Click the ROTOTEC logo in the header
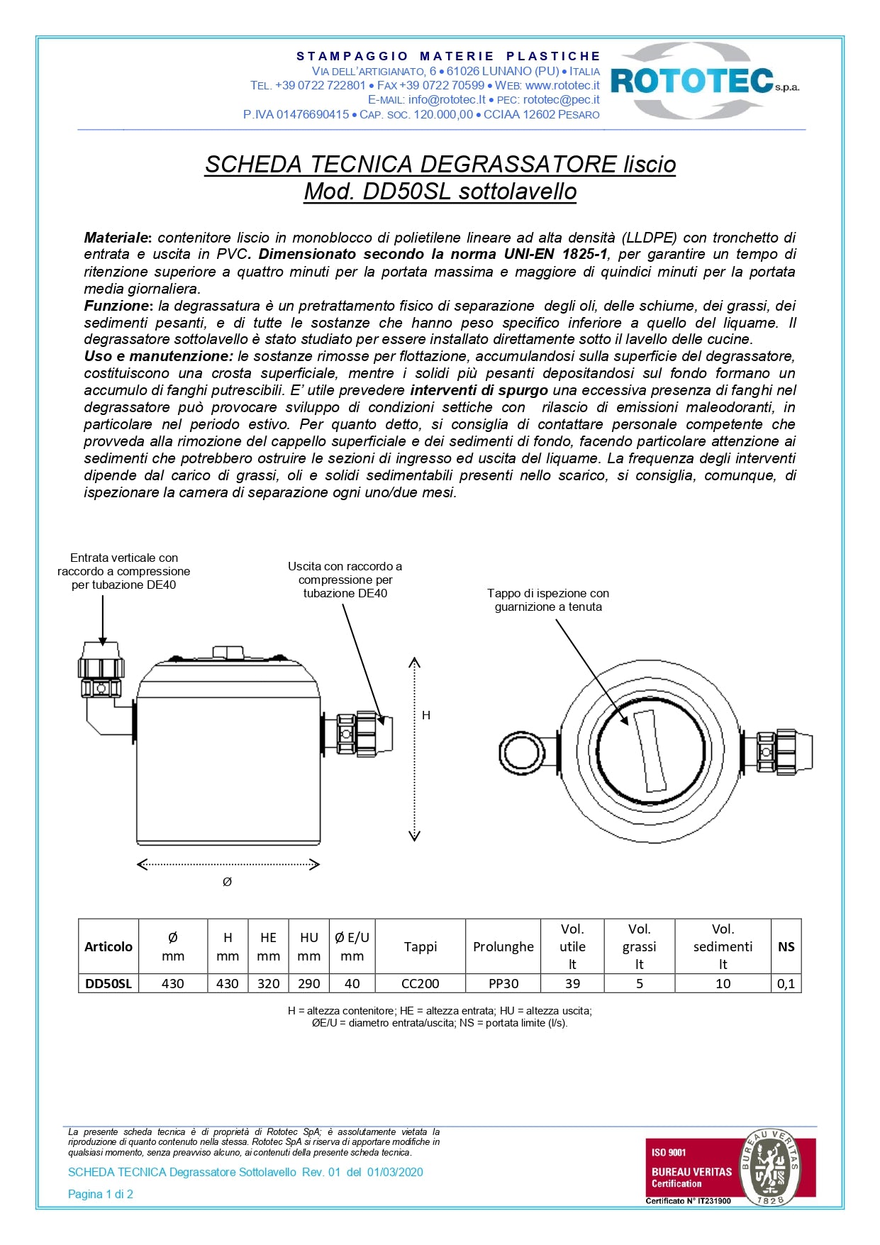pyautogui.click(x=703, y=80)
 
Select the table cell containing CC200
pyautogui.click(x=420, y=983)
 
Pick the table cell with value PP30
pyautogui.click(x=503, y=983)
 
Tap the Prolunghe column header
pyautogui.click(x=503, y=946)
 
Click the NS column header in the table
pyautogui.click(x=786, y=946)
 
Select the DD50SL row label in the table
pyautogui.click(x=108, y=983)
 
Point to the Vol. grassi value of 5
pyautogui.click(x=639, y=983)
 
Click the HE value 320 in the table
pyautogui.click(x=268, y=983)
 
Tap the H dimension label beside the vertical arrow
pyautogui.click(x=426, y=715)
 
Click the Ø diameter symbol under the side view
pyautogui.click(x=227, y=882)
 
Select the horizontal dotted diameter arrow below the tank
pyautogui.click(x=228, y=864)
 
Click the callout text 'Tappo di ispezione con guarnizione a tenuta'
pyautogui.click(x=548, y=599)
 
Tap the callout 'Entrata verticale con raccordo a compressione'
pyautogui.click(x=123, y=571)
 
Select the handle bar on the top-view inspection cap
pyautogui.click(x=650, y=751)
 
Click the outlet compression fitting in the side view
pyautogui.click(x=358, y=734)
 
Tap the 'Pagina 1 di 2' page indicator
pyautogui.click(x=101, y=1194)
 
